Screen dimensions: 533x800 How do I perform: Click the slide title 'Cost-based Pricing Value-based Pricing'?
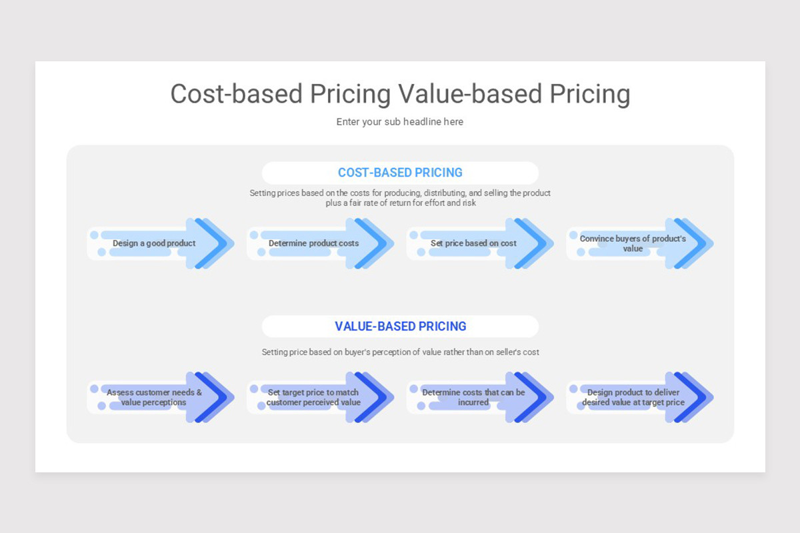400,95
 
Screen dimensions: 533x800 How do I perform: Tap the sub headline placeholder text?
400,122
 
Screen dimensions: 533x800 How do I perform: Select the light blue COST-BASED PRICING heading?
400,173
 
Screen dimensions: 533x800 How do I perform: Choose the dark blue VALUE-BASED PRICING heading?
400,326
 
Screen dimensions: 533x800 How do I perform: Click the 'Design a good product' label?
154,243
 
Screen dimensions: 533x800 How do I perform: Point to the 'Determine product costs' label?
313,243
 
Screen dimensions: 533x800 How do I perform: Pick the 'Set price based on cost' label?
473,243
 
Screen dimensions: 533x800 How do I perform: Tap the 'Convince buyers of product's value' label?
633,243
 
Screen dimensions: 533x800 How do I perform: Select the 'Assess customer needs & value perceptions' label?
154,397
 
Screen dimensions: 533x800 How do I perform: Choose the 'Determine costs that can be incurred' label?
473,397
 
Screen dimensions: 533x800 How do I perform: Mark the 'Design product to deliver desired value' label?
633,397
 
